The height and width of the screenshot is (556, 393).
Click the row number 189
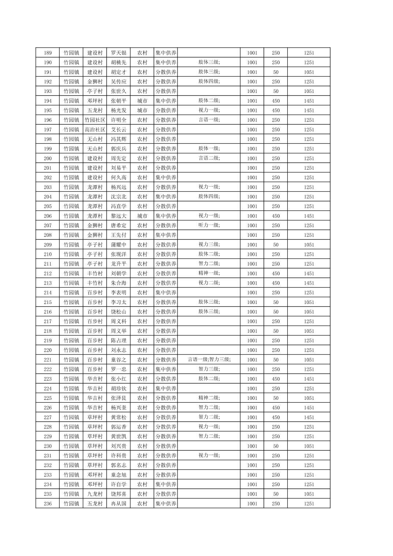pos(48,53)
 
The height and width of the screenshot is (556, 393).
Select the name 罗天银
pos(119,53)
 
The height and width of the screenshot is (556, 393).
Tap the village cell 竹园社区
pos(95,120)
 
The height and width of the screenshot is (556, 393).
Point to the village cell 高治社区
pos(95,129)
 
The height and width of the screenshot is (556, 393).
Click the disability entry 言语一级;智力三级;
pos(209,360)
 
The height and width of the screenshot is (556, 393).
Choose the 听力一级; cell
pos(209,225)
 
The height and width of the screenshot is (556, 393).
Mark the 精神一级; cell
pos(209,273)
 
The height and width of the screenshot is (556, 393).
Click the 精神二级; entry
pos(209,398)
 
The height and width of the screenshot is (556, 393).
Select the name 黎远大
pos(119,216)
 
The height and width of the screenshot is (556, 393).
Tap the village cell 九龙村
pos(95,494)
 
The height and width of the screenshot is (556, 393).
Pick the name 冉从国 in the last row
pos(119,504)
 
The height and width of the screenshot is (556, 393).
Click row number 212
pos(48,273)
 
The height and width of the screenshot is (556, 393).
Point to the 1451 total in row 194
pos(309,101)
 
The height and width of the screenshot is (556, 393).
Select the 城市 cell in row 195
pos(142,110)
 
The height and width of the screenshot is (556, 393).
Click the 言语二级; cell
pos(209,158)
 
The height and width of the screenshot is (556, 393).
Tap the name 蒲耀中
pos(119,245)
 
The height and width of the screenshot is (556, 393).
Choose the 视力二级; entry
pos(209,283)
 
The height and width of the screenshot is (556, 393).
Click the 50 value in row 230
pos(276,446)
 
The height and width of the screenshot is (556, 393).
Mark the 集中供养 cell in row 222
pos(166,369)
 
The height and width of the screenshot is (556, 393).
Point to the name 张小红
pos(119,379)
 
